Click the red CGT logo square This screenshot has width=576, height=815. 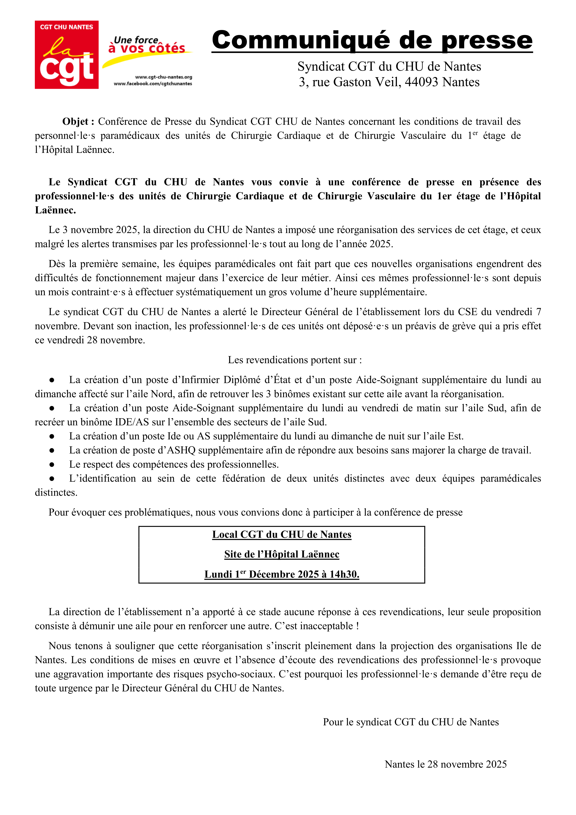coord(66,55)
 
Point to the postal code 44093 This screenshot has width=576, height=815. coord(421,82)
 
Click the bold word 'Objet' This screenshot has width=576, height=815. coord(75,122)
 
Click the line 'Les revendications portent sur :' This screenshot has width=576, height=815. coord(295,360)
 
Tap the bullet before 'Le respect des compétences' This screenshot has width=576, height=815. coord(52,464)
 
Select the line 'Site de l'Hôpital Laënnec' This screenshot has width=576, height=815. coord(281,554)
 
